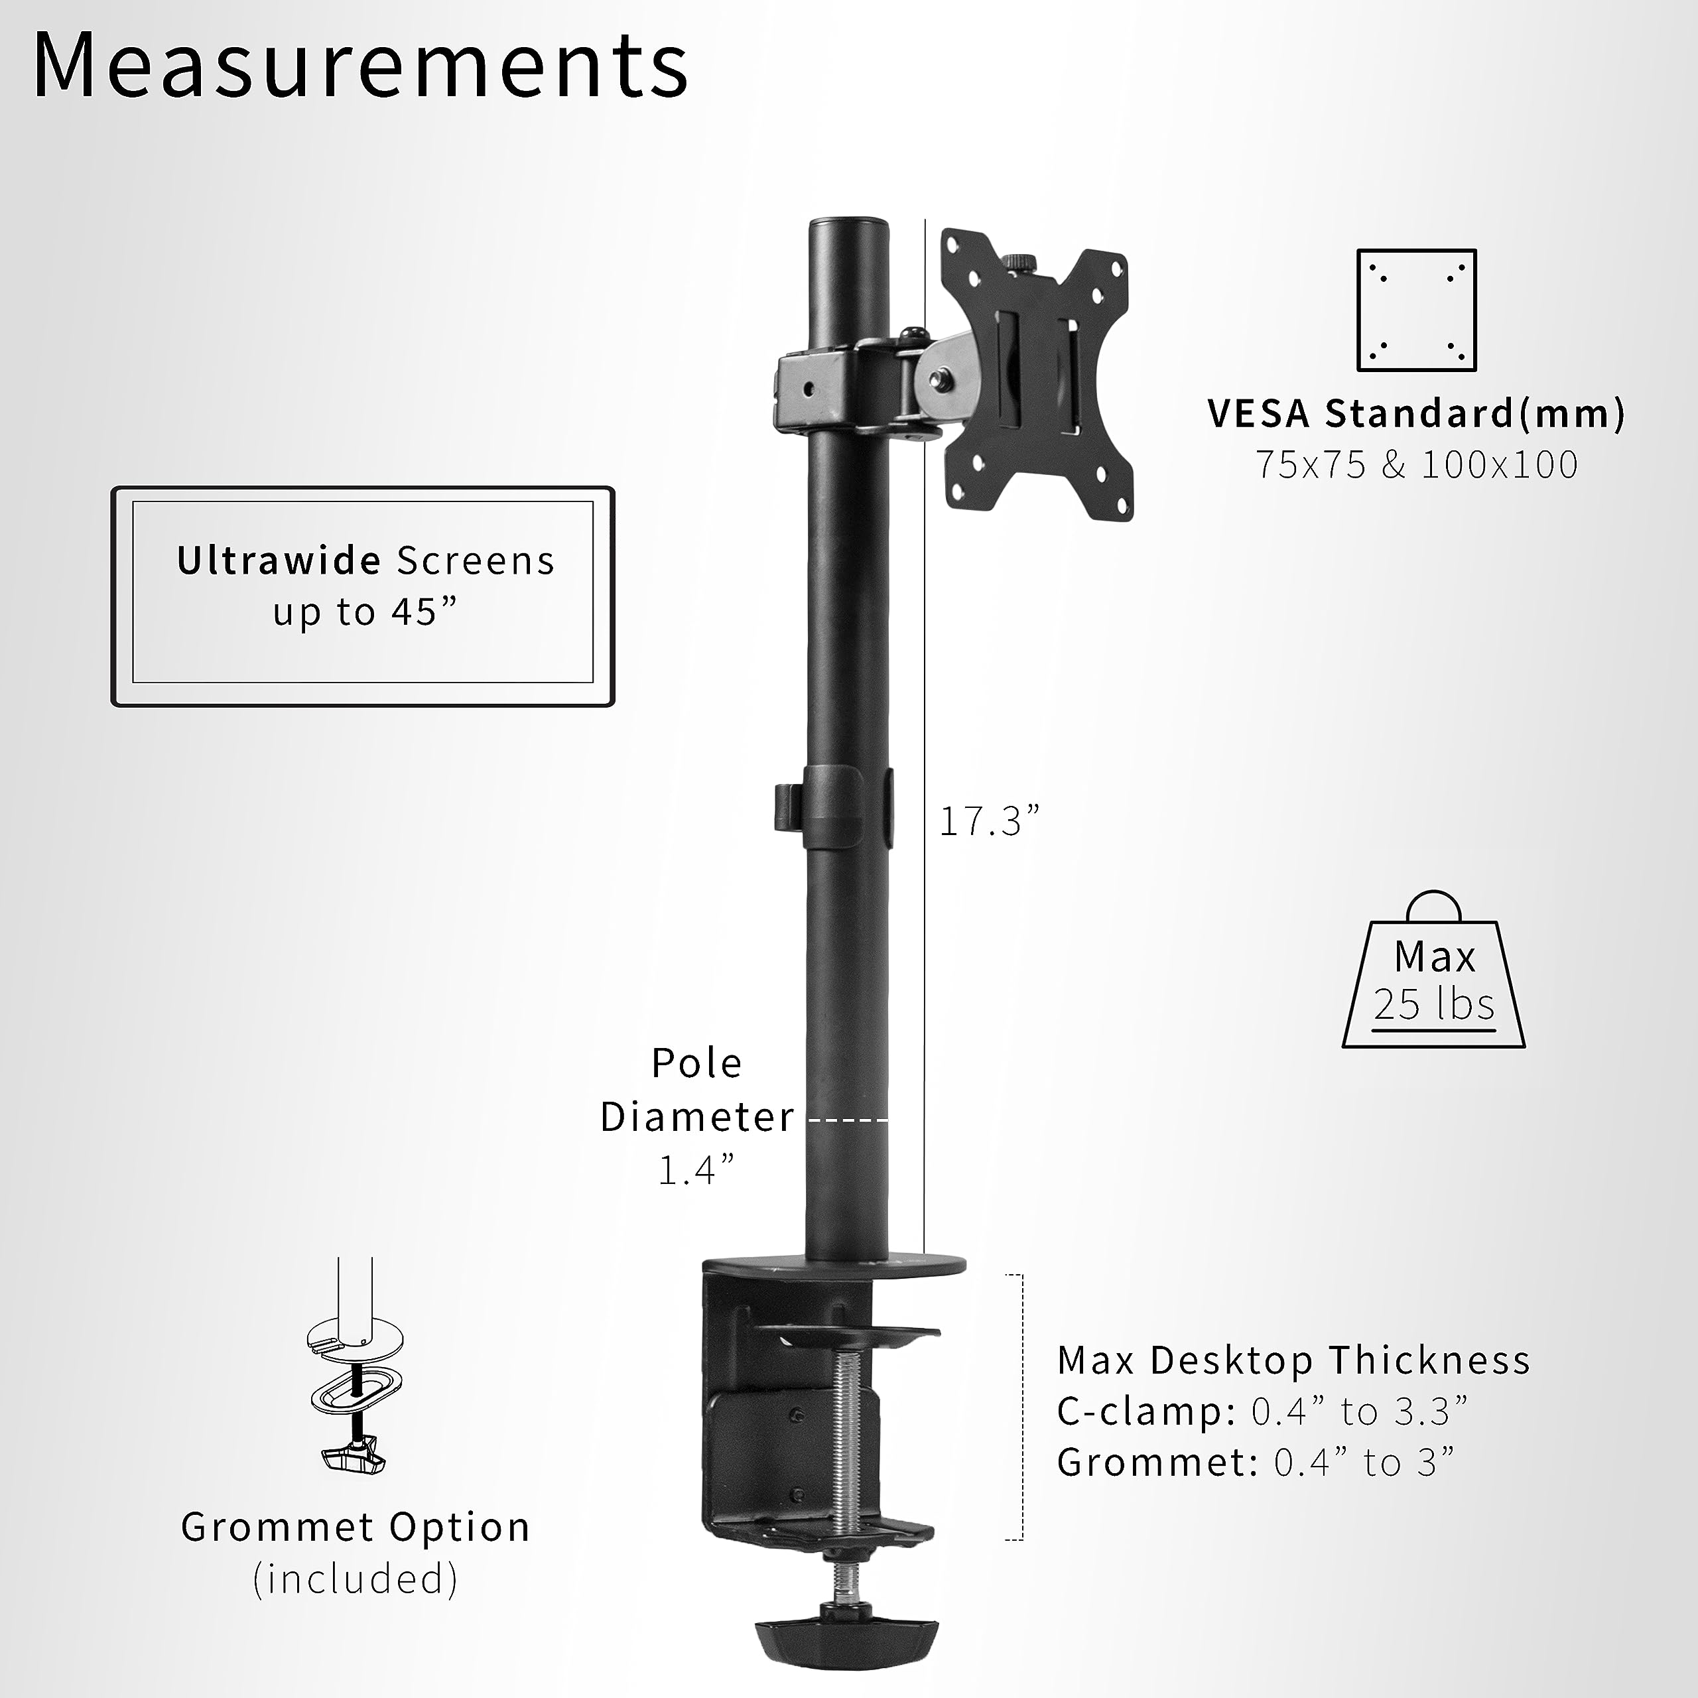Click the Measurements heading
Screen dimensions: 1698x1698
click(360, 66)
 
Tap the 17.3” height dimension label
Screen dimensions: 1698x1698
click(989, 822)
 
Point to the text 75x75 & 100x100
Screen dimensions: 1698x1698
click(1416, 465)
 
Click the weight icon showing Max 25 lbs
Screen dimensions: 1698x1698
click(1433, 976)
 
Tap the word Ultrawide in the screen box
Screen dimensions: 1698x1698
click(279, 560)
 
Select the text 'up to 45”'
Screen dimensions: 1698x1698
click(365, 612)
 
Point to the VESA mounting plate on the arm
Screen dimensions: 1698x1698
click(1037, 373)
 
